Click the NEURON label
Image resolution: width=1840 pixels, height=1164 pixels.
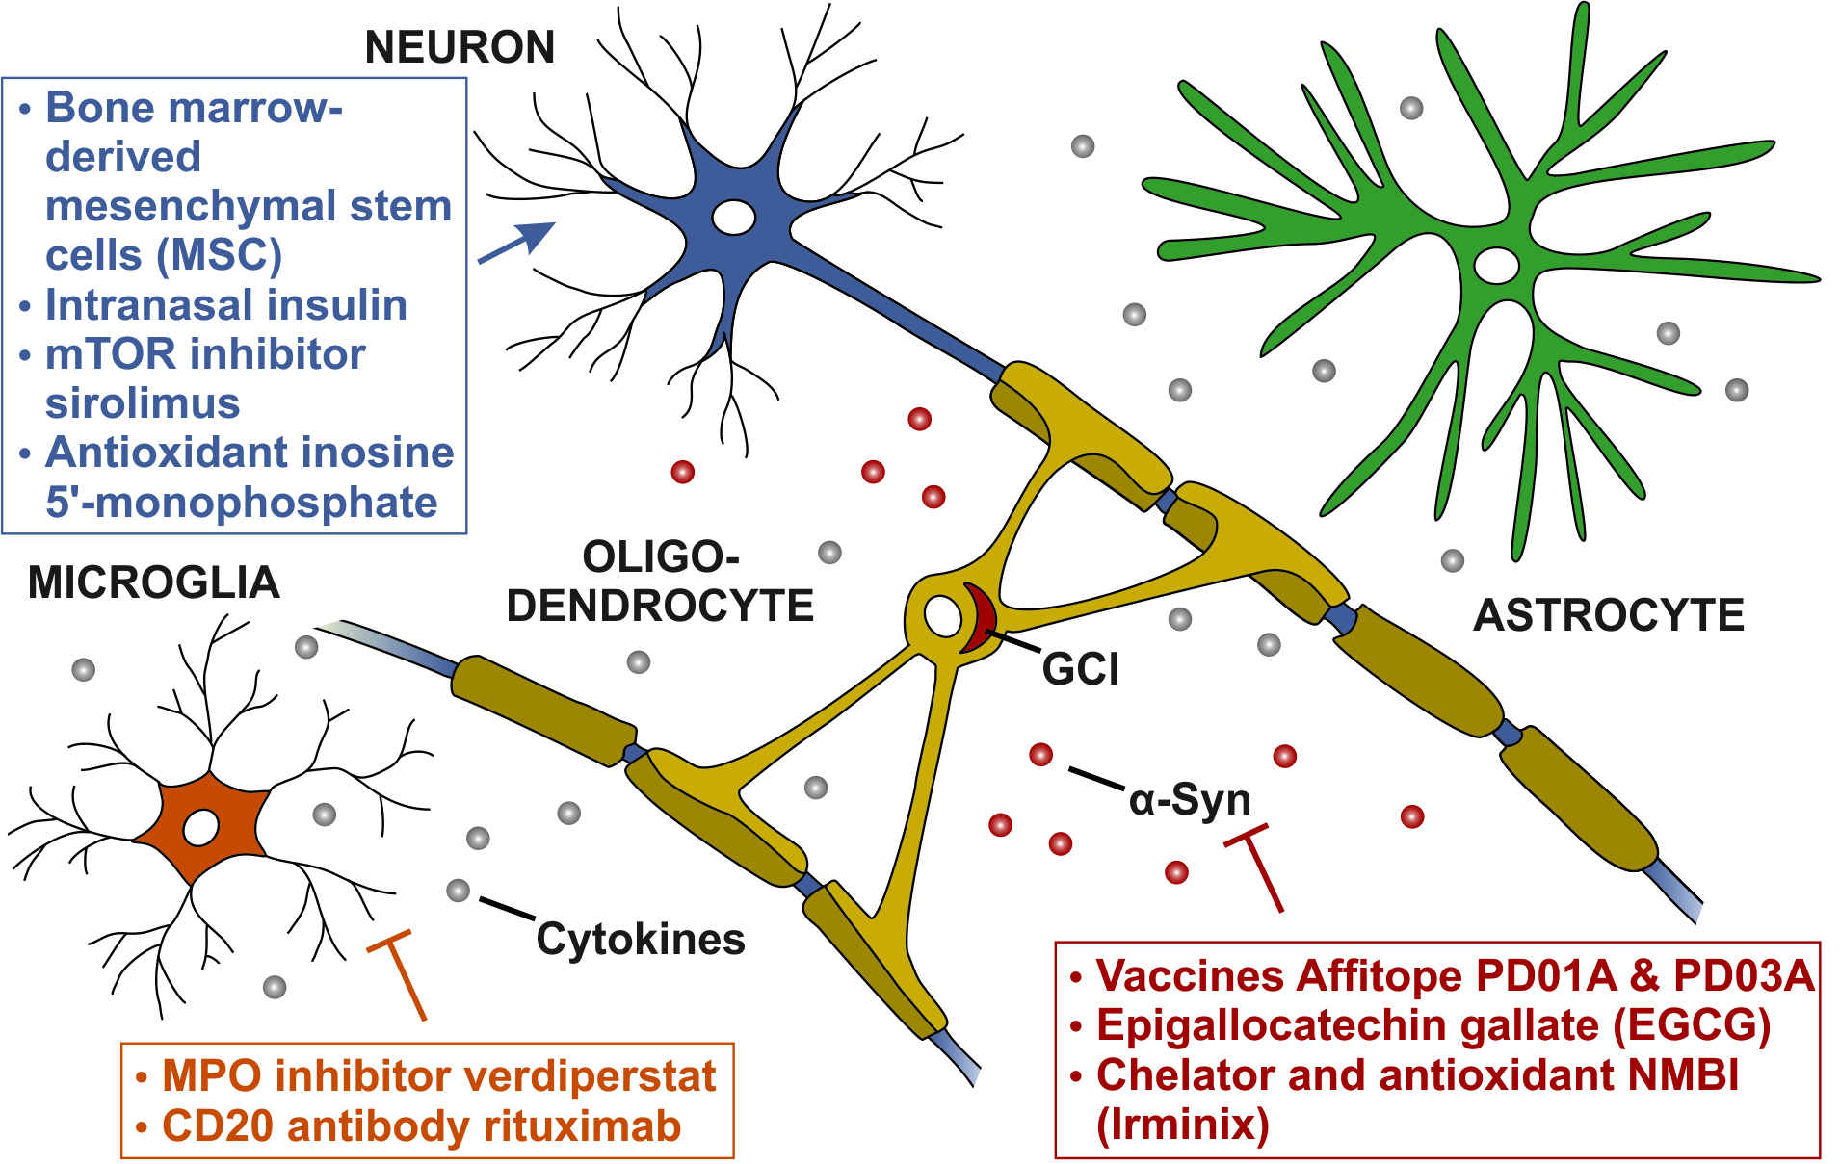pyautogui.click(x=460, y=46)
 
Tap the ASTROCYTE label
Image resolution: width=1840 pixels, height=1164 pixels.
pyautogui.click(x=1608, y=615)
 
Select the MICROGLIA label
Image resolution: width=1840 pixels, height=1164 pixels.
pyautogui.click(x=153, y=582)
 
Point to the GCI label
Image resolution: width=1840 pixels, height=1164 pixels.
pyautogui.click(x=1080, y=669)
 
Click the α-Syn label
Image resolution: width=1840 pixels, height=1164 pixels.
pyautogui.click(x=1189, y=800)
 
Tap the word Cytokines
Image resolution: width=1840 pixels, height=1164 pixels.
pyautogui.click(x=640, y=939)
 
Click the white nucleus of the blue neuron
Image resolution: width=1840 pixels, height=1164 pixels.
pyautogui.click(x=733, y=217)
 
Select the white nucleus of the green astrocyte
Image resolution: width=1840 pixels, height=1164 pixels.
pyautogui.click(x=1496, y=265)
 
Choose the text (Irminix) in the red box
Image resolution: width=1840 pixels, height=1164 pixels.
pyautogui.click(x=1182, y=1124)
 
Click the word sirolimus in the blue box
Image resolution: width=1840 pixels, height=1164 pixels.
pyautogui.click(x=143, y=402)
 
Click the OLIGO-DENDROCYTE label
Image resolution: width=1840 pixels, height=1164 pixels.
pyautogui.click(x=660, y=582)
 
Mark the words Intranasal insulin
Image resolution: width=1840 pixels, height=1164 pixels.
pyautogui.click(x=225, y=304)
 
